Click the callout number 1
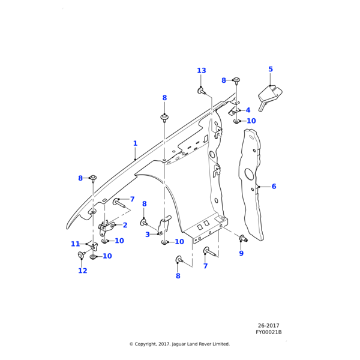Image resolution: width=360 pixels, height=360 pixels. point(136,143)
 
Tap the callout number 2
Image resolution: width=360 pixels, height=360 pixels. point(125,226)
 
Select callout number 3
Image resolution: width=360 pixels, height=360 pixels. point(148,235)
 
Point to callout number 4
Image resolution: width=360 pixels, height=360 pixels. point(248,110)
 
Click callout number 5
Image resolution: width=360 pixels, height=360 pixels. point(271,70)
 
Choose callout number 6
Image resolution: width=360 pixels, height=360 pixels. point(274,187)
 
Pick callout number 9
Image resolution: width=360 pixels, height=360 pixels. point(241,254)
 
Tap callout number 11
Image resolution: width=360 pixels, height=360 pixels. point(75,244)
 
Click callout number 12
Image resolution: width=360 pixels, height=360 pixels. point(83,271)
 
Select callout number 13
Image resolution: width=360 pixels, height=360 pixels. point(202,71)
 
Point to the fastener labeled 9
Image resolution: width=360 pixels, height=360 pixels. point(243,239)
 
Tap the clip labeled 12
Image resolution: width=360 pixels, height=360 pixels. point(82,258)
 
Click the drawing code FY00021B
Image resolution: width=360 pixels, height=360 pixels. point(269,332)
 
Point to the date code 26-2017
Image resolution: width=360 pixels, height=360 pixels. point(269,325)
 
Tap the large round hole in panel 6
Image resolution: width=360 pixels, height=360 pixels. point(247,175)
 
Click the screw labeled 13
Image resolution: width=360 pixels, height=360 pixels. point(202,92)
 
